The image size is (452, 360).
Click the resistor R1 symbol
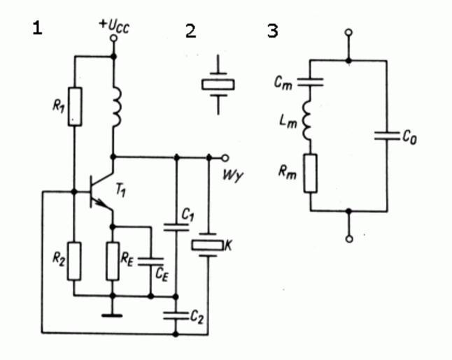(x=74, y=107)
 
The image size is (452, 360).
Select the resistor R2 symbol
(x=74, y=260)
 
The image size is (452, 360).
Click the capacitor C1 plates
(x=176, y=226)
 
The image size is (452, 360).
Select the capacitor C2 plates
(x=176, y=315)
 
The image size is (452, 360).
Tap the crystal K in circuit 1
(x=208, y=245)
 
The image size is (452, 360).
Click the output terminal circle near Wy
(x=225, y=157)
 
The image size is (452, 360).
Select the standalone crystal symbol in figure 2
(x=218, y=85)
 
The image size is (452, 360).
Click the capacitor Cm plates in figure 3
(x=311, y=82)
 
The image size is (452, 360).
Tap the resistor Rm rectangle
(x=311, y=172)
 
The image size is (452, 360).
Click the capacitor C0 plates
(x=386, y=135)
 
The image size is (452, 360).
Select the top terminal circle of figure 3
(x=349, y=32)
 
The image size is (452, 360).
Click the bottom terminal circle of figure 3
(x=349, y=238)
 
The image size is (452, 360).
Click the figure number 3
(x=273, y=31)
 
